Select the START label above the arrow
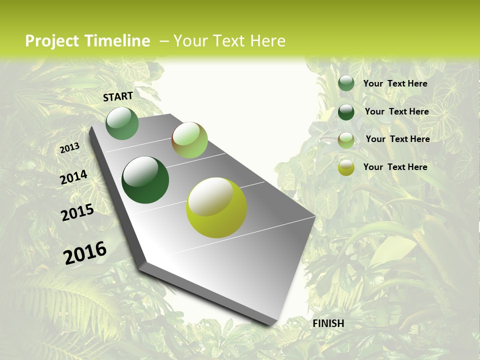(x=118, y=96)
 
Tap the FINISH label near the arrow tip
(x=328, y=323)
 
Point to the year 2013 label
(x=69, y=148)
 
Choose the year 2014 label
(x=73, y=177)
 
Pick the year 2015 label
(x=77, y=212)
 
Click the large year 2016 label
(x=85, y=253)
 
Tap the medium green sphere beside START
(x=122, y=123)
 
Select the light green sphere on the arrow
(x=189, y=140)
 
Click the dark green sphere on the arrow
(x=145, y=180)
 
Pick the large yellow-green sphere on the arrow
(x=216, y=207)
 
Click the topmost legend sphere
(x=346, y=83)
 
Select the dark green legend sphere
(x=346, y=112)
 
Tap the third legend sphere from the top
(x=346, y=140)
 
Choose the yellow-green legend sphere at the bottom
(x=346, y=168)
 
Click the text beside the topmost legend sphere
(x=395, y=83)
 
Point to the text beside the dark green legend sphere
(x=396, y=111)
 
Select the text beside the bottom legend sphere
(x=395, y=167)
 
